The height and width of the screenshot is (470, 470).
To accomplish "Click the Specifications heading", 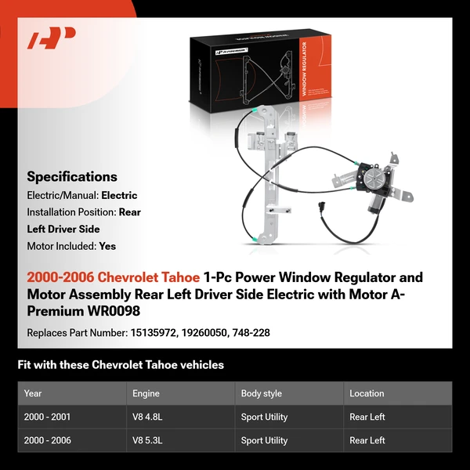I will [x=72, y=177].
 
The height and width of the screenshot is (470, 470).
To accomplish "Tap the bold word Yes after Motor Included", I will [x=107, y=246].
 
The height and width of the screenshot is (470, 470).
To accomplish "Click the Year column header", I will [x=33, y=393].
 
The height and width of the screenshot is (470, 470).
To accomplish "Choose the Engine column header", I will [x=146, y=393].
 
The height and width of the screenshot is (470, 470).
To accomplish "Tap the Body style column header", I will [x=262, y=393].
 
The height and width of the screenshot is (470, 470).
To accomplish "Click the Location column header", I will [x=367, y=393].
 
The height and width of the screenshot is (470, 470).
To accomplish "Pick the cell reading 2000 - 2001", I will [x=48, y=418].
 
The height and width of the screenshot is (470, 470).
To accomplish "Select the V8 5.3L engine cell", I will [x=150, y=441].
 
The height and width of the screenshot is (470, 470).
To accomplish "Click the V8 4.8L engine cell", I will [x=150, y=418].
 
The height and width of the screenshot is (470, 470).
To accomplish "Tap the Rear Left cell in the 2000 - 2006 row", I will [x=367, y=441].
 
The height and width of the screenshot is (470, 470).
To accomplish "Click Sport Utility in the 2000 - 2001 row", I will [x=264, y=418].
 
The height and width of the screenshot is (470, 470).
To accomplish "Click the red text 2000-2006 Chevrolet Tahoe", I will [x=113, y=278].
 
